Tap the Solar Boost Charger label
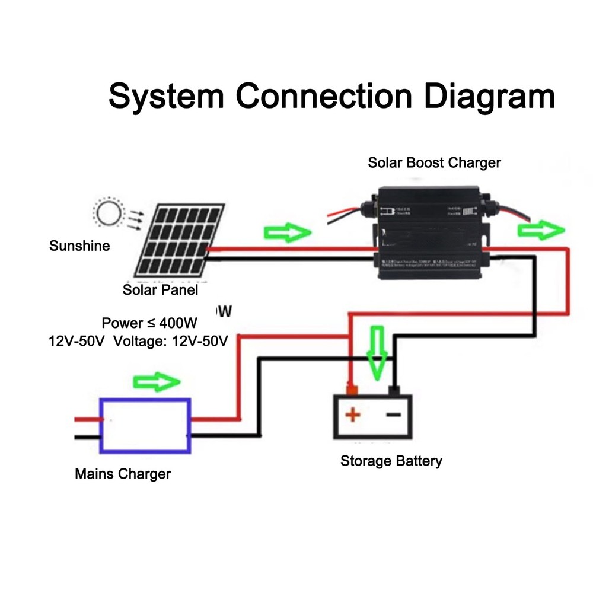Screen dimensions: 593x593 pyautogui.click(x=434, y=162)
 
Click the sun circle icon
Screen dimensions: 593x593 pyautogui.click(x=109, y=213)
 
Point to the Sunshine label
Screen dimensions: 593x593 pyautogui.click(x=79, y=246)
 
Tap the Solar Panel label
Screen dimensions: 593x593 pyautogui.click(x=160, y=290)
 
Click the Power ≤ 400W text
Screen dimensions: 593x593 pyautogui.click(x=149, y=323)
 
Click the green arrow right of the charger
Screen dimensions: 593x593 pyautogui.click(x=538, y=231)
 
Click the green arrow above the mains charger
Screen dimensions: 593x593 pyautogui.click(x=157, y=382)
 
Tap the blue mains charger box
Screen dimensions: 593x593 pyautogui.click(x=145, y=426)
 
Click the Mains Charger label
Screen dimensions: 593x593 pyautogui.click(x=123, y=474)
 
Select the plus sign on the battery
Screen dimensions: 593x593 pyautogui.click(x=353, y=414)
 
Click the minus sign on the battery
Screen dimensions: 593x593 pyautogui.click(x=394, y=414)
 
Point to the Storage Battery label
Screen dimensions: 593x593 pyautogui.click(x=391, y=461)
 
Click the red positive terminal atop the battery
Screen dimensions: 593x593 pyautogui.click(x=352, y=390)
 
